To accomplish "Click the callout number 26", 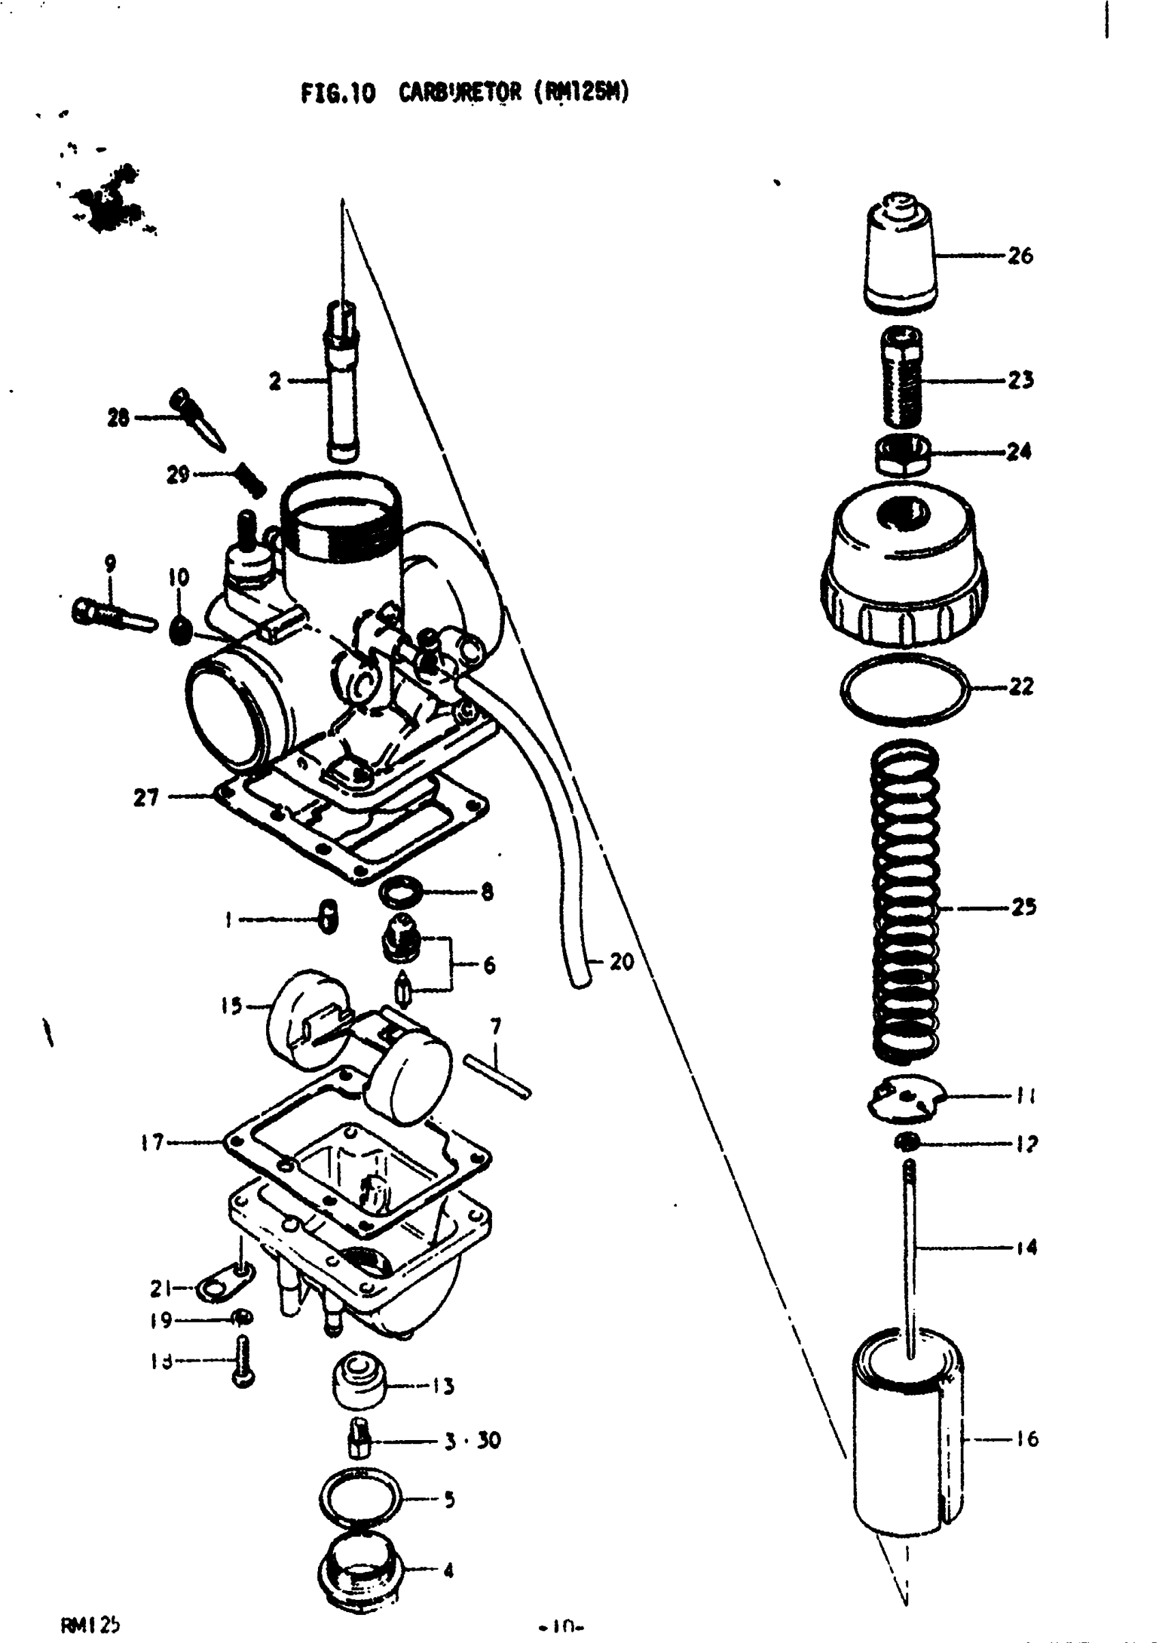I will pyautogui.click(x=1019, y=255).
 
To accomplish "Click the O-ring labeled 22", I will pyautogui.click(x=904, y=690).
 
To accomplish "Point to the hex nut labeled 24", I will pyautogui.click(x=902, y=455).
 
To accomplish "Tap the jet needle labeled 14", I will pyautogui.click(x=910, y=1250).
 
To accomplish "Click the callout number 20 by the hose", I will pyautogui.click(x=622, y=961).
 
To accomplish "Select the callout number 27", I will pyautogui.click(x=146, y=798).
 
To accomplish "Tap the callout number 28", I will pyautogui.click(x=118, y=417).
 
